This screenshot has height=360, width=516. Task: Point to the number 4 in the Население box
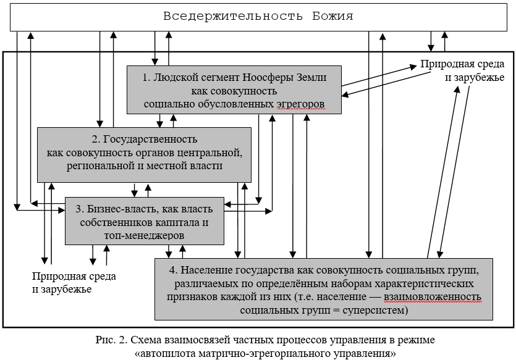coord(173,270)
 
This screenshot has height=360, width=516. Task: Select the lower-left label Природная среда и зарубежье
coord(74,283)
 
